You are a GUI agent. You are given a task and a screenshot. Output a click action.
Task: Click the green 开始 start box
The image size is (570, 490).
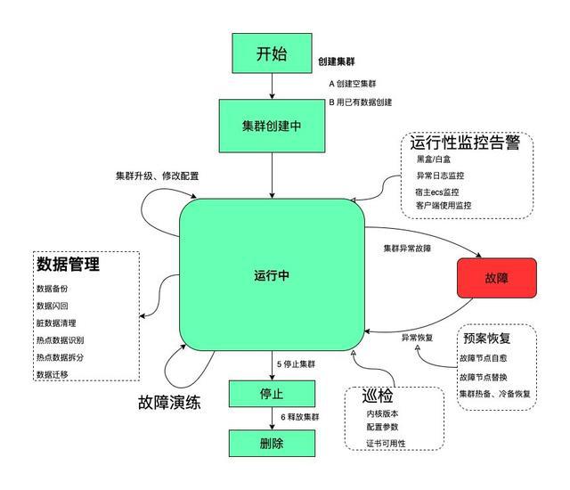pos(272,53)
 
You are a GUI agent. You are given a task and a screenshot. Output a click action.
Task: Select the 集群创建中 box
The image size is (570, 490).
pos(272,125)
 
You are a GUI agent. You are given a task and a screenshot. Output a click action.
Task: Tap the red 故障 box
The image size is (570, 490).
pos(497,278)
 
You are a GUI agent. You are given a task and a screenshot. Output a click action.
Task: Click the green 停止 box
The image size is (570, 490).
pos(272,393)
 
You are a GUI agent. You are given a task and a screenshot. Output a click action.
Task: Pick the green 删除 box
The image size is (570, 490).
pos(272,442)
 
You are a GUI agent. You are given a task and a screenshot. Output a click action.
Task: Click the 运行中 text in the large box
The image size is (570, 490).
pos(272,275)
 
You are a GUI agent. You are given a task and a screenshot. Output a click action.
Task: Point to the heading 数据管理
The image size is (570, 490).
pos(68,265)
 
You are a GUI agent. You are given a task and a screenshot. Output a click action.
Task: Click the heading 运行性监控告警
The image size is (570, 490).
pos(465,142)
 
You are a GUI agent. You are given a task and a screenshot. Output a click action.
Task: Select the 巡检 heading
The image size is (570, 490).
pos(378,396)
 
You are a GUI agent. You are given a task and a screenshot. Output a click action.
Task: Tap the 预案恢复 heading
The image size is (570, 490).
pos(487,339)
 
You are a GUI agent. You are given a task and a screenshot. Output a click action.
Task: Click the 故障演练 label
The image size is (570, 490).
pos(169,401)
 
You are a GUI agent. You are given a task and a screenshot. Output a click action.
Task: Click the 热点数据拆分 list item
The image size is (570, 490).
pos(60,357)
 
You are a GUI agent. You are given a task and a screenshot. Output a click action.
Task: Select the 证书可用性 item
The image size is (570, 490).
pos(386,444)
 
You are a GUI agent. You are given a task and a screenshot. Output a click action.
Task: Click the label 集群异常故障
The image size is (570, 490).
pos(412,247)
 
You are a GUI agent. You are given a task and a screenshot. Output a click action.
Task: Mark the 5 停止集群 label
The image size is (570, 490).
pos(301,363)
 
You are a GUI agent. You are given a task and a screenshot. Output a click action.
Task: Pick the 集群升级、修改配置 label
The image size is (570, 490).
pos(157,176)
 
